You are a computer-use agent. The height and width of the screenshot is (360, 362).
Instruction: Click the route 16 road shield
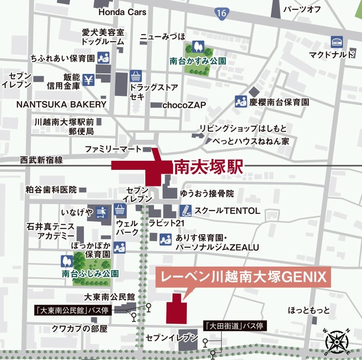222,13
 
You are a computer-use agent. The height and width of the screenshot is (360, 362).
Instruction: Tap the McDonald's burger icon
337,42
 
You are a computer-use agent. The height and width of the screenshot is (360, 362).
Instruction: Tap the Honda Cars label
122,12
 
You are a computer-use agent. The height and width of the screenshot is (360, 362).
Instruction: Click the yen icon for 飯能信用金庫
88,80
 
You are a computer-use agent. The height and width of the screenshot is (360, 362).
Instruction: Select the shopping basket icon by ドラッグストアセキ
136,76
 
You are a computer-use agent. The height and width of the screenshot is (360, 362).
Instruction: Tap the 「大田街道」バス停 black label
235,326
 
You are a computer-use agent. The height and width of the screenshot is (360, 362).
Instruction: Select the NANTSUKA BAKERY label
61,104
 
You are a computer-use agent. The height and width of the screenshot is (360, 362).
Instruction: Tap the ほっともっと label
309,310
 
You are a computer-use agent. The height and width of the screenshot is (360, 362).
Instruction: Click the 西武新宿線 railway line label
42,160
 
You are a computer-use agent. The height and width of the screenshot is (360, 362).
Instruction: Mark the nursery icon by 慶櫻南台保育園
240,102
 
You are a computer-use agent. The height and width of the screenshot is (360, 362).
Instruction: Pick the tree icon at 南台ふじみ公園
67,261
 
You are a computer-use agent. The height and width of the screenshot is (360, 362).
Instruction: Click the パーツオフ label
301,9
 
